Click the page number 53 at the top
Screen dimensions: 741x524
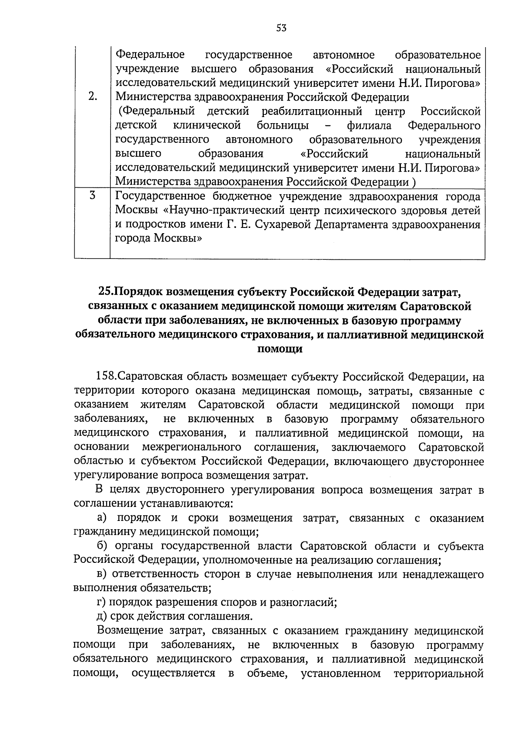(x=281, y=28)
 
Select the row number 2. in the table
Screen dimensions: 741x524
(x=92, y=97)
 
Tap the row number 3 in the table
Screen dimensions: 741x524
(x=92, y=196)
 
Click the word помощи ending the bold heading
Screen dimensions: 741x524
(x=279, y=349)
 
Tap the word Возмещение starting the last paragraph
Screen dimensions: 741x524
(x=129, y=631)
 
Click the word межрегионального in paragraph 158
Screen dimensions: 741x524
(x=192, y=448)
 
